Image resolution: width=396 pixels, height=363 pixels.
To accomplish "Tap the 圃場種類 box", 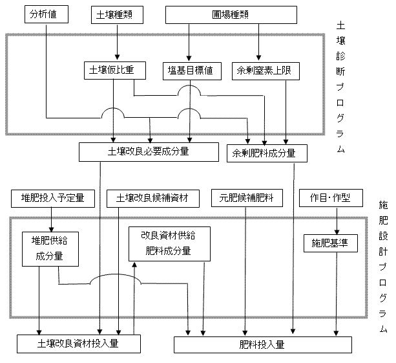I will pos(232,14).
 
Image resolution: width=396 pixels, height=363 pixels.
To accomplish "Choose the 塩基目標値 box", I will pos(191,71).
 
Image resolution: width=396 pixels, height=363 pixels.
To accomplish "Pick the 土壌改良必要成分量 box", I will pos(149,152).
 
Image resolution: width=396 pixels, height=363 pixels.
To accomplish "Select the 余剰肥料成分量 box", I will pos(267,153).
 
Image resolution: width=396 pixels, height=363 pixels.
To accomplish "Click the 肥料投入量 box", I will pos(262,344).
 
